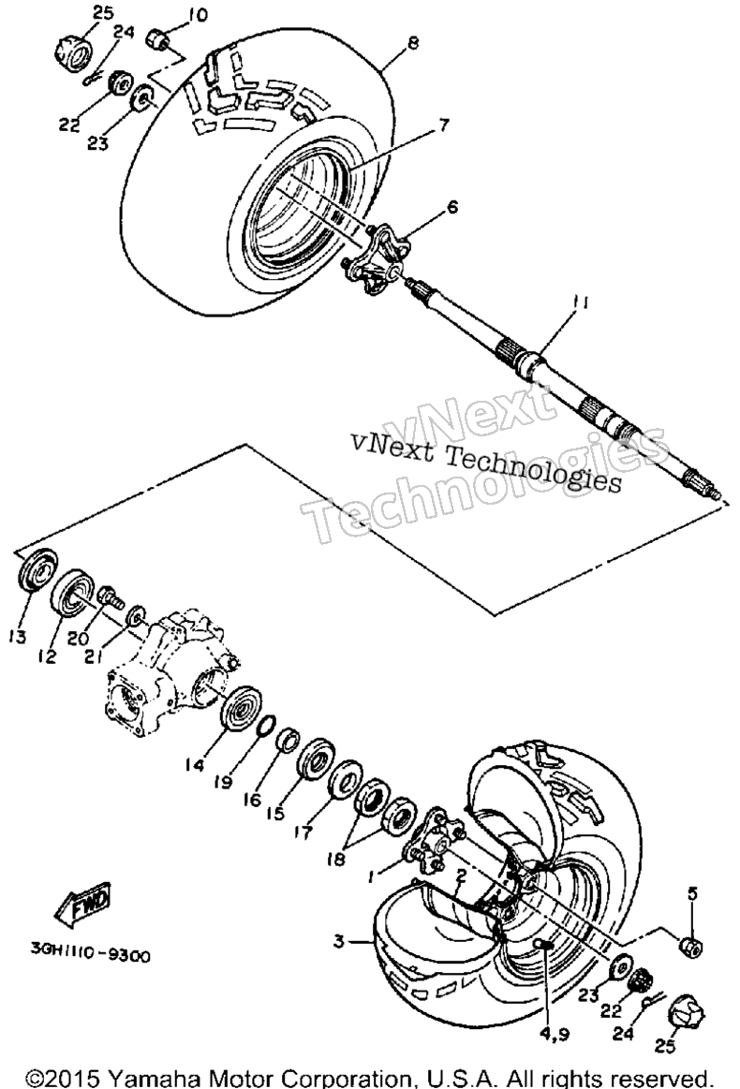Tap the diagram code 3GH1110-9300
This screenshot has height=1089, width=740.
(89, 956)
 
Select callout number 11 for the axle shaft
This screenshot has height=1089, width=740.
(581, 303)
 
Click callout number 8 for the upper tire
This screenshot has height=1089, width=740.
(413, 43)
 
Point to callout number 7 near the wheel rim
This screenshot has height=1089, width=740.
(443, 125)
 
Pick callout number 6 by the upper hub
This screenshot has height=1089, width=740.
(453, 206)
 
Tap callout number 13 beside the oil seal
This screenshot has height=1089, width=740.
(18, 637)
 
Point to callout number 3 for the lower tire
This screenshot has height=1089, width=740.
(338, 941)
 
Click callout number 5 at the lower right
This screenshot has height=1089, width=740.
(692, 893)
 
